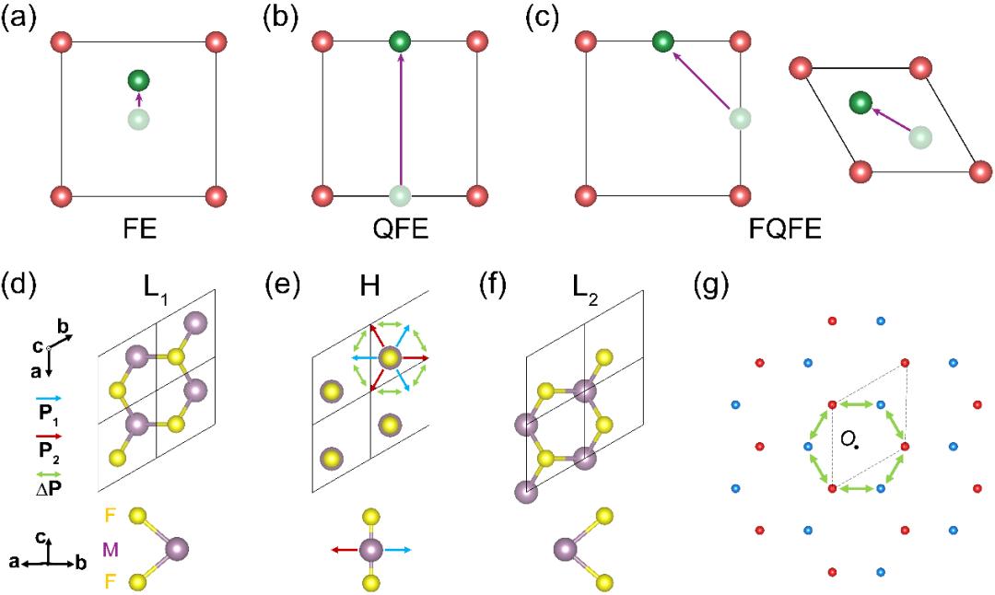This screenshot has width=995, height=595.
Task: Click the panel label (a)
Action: pyautogui.click(x=21, y=17)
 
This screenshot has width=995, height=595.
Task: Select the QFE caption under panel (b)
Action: pyautogui.click(x=400, y=226)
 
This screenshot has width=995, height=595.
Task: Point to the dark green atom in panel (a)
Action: pyautogui.click(x=139, y=81)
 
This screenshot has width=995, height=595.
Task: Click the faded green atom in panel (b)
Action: pyautogui.click(x=400, y=196)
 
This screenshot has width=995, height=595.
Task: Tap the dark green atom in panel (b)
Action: pyautogui.click(x=400, y=41)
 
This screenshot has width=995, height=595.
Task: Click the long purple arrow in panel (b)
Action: pyautogui.click(x=400, y=120)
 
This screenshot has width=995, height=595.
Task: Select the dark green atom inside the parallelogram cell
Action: pyautogui.click(x=860, y=103)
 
